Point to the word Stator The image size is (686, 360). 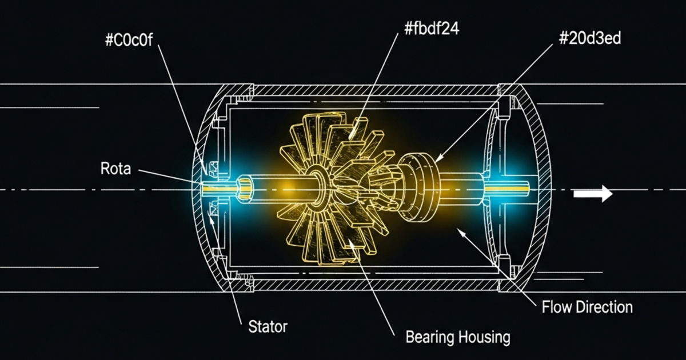[x=268, y=327]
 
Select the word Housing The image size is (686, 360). [x=485, y=337]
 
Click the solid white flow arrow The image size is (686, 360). [x=593, y=194]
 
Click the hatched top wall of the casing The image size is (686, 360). [x=372, y=90]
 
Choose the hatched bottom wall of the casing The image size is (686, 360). [x=372, y=284]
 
